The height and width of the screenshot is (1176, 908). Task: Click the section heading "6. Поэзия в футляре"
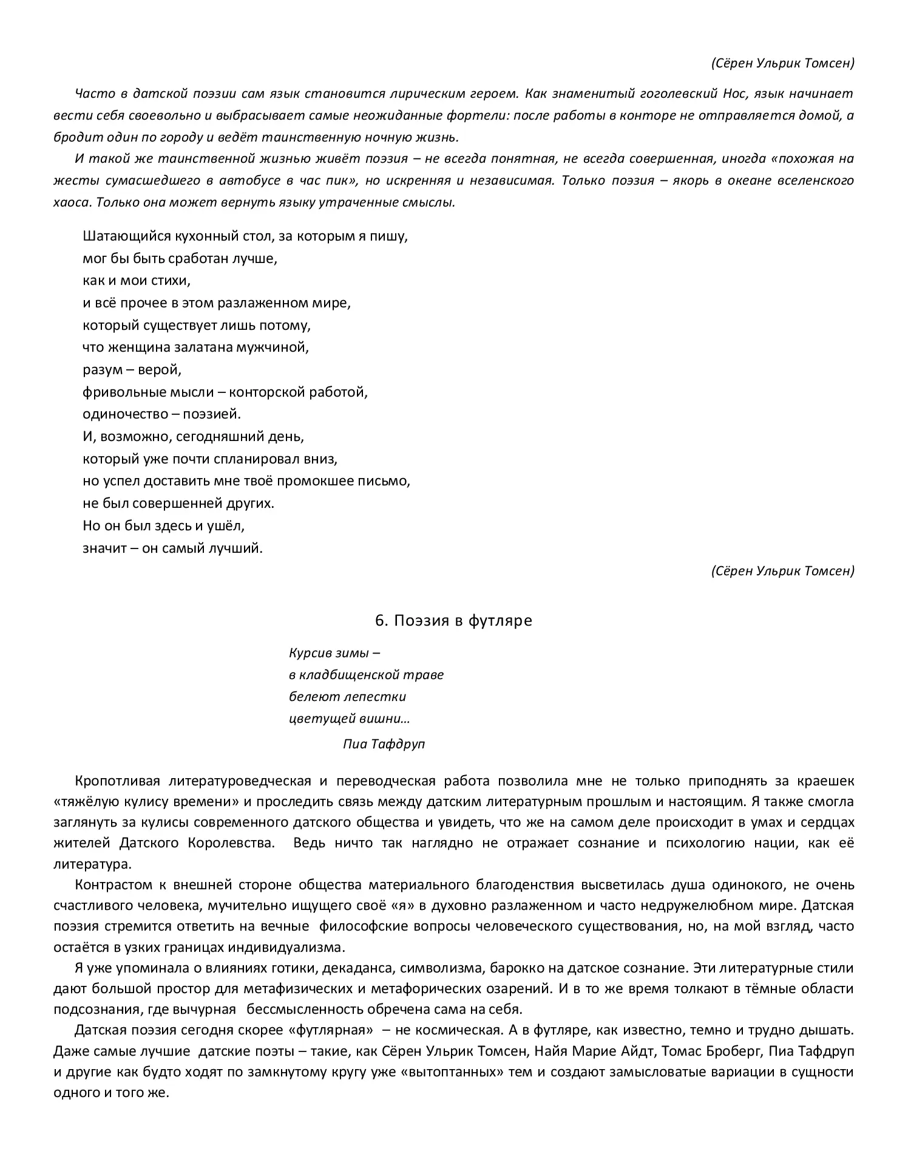coord(453,620)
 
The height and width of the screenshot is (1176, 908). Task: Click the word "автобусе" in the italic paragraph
coord(249,181)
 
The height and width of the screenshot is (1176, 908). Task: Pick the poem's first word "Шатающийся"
coord(124,236)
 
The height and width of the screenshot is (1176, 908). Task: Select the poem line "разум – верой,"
coord(132,369)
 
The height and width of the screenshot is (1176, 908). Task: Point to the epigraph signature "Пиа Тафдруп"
coord(384,744)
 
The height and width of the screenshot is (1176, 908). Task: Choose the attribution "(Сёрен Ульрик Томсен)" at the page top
coord(782,63)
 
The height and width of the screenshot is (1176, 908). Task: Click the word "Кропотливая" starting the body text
coord(118,781)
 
